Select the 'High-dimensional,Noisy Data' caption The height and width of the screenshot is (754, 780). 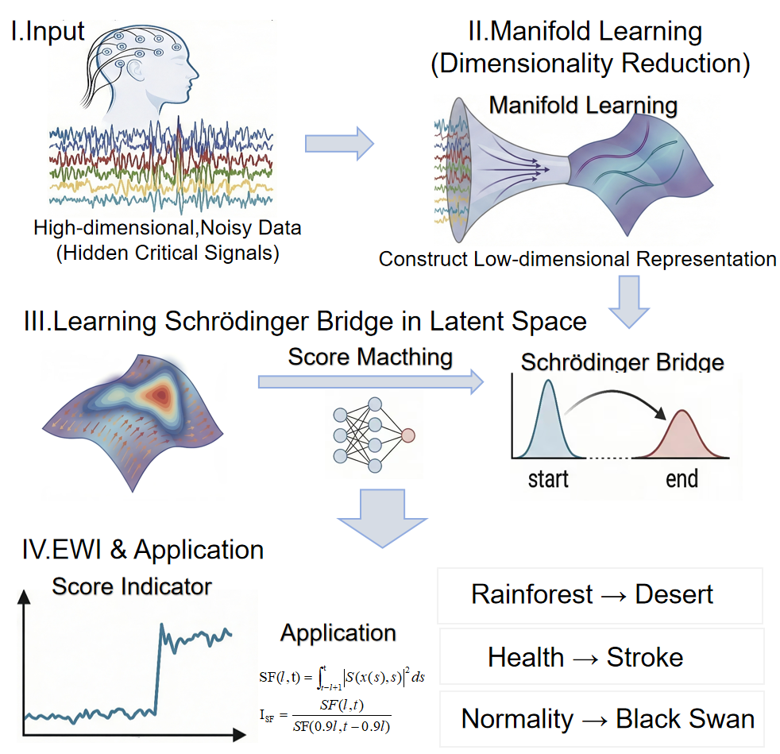tap(168, 228)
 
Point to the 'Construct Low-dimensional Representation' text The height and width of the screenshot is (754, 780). tap(577, 259)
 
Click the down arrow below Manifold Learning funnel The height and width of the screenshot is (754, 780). tap(639, 303)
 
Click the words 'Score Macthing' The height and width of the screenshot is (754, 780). tap(370, 357)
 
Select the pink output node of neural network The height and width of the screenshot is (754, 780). tap(408, 434)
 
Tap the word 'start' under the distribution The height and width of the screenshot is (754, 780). tap(548, 479)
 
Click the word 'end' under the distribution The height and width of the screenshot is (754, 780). tap(682, 479)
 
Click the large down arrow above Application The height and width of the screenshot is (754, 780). tap(382, 517)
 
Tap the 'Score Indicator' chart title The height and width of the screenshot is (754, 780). tap(132, 586)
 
